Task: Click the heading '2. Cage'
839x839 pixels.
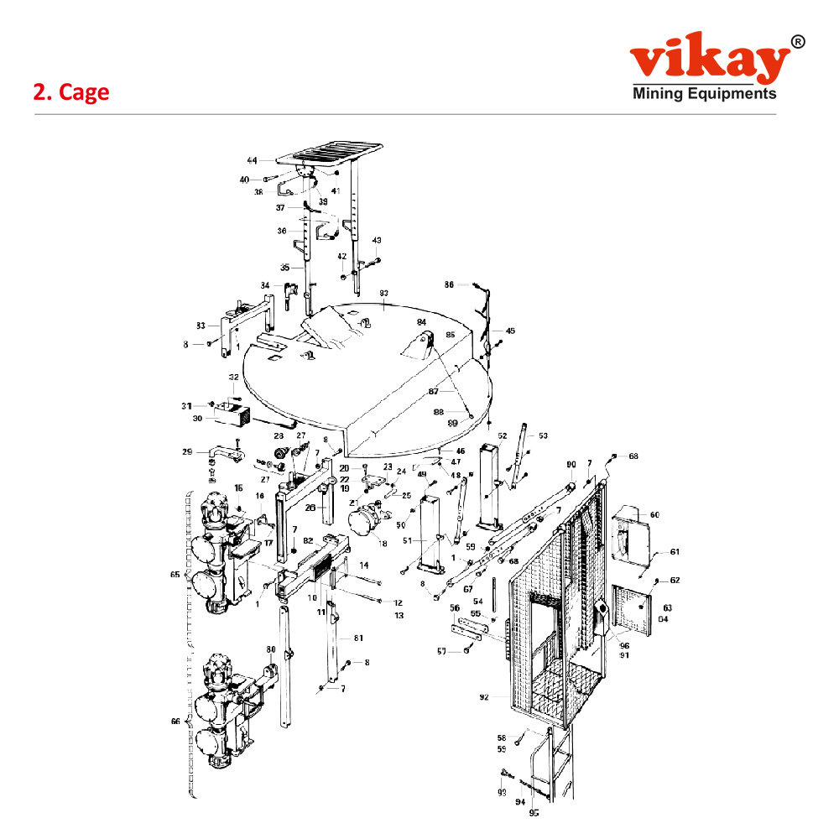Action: click(71, 92)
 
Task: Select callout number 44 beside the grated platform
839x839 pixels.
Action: click(252, 159)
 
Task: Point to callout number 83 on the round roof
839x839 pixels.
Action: click(383, 293)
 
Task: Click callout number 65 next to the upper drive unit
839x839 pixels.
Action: click(175, 576)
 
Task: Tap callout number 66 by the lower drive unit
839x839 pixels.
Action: click(175, 722)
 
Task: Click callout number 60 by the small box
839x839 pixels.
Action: click(654, 513)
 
